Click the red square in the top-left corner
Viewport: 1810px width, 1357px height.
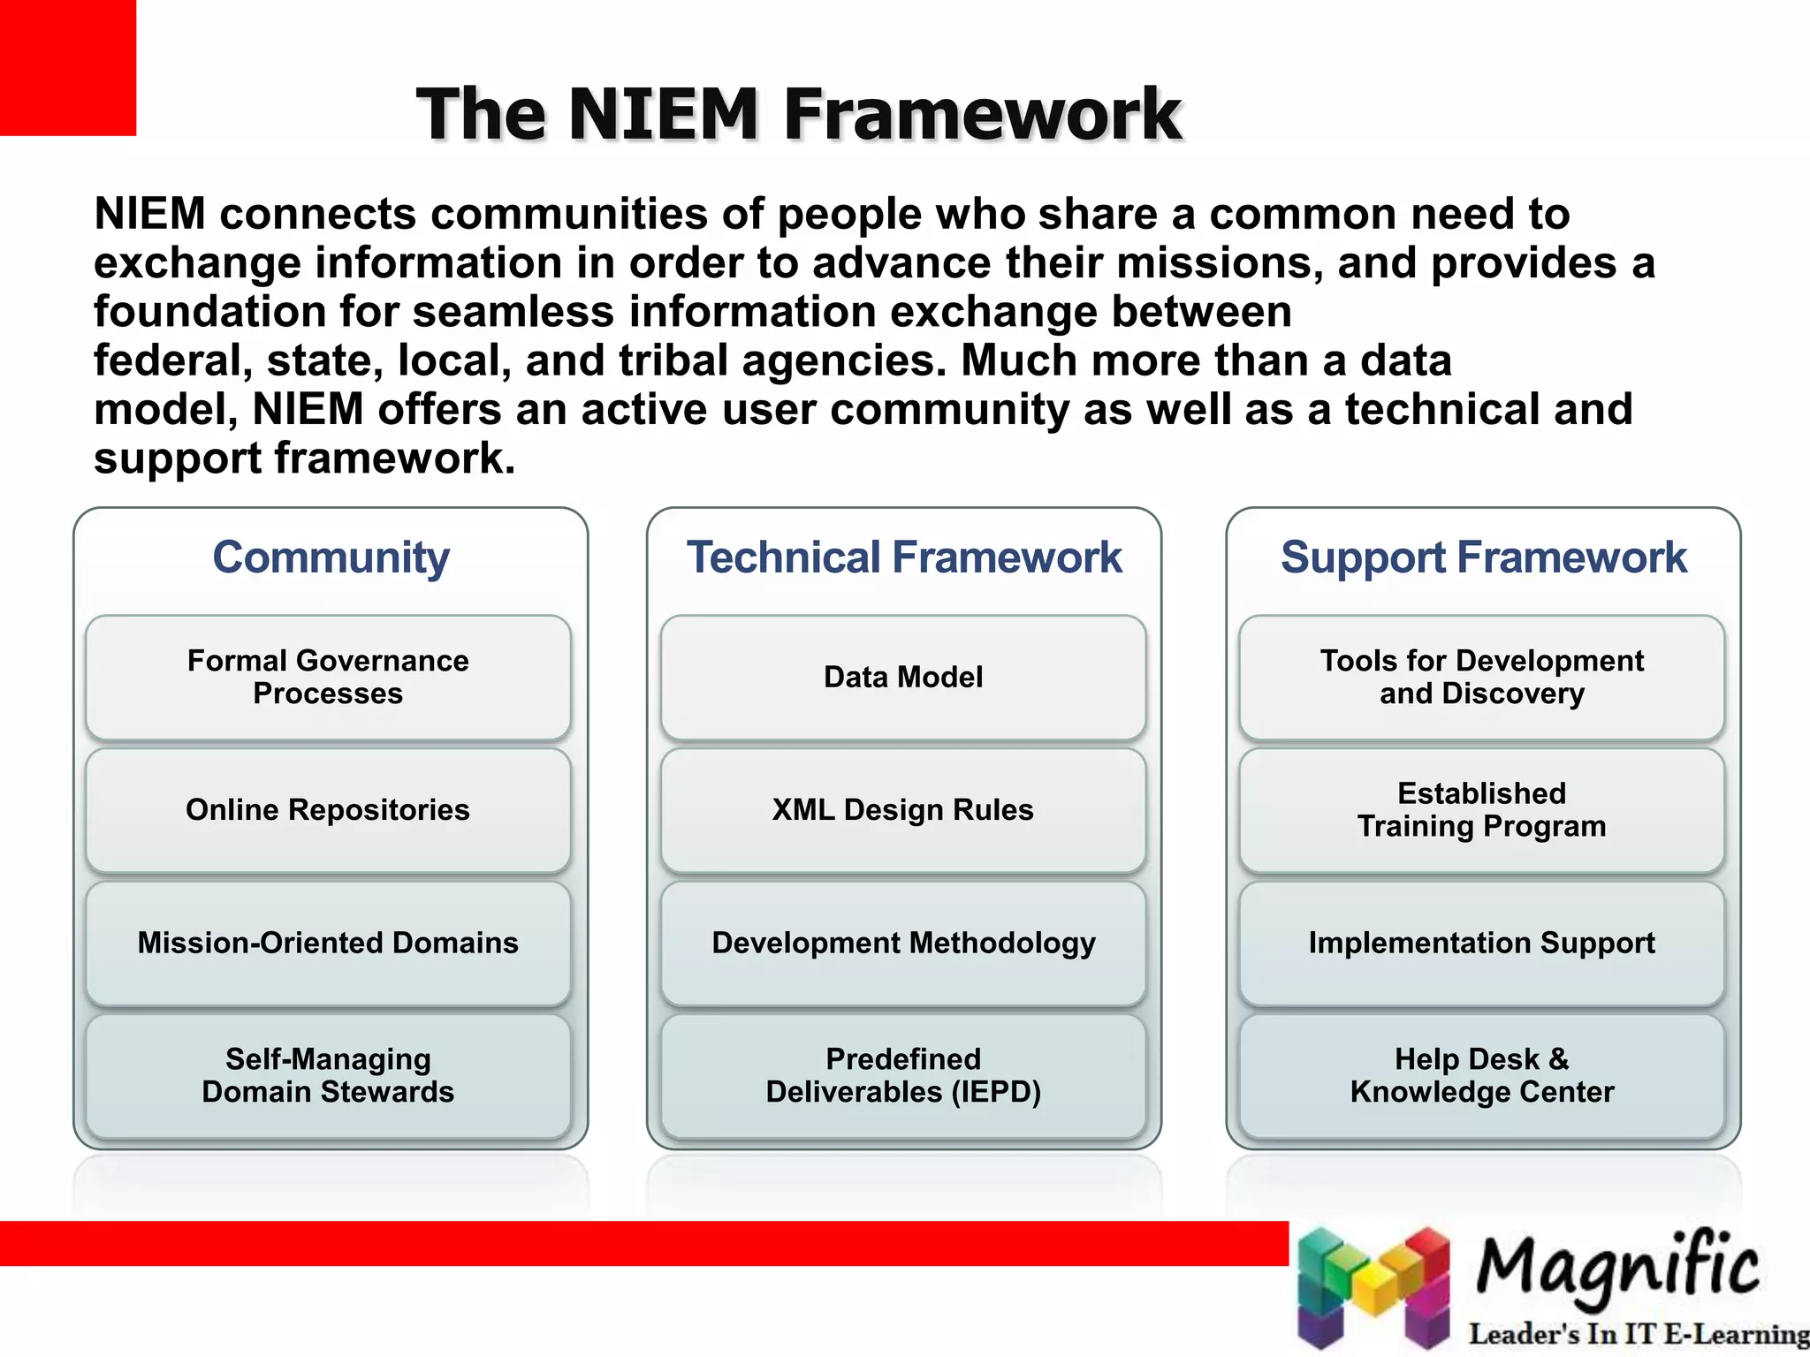[67, 67]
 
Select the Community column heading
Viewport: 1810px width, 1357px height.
[331, 557]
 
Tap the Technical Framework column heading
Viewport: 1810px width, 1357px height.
[903, 557]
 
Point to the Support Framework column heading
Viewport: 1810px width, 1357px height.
[1483, 557]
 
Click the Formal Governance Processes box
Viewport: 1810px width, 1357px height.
[328, 677]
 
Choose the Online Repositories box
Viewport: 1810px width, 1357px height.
[328, 810]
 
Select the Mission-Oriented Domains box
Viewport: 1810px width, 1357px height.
[328, 943]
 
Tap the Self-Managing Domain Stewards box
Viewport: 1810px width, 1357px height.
[328, 1075]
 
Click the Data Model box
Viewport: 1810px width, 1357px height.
[903, 677]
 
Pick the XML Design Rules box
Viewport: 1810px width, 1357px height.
[903, 810]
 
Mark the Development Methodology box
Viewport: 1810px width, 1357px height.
[903, 943]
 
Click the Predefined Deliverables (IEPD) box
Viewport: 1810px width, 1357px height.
[903, 1075]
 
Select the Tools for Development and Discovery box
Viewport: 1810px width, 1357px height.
[1482, 677]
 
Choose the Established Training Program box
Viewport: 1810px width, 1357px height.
[1482, 810]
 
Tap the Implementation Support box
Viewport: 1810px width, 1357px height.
[1482, 943]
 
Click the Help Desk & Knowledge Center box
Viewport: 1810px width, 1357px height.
[1482, 1075]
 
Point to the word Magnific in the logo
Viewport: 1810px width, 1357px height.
[1617, 1268]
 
